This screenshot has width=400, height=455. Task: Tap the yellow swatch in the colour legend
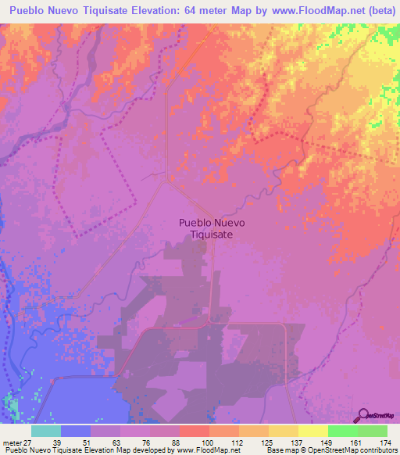click(x=312, y=431)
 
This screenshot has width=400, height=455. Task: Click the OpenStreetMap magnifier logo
click(x=364, y=414)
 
